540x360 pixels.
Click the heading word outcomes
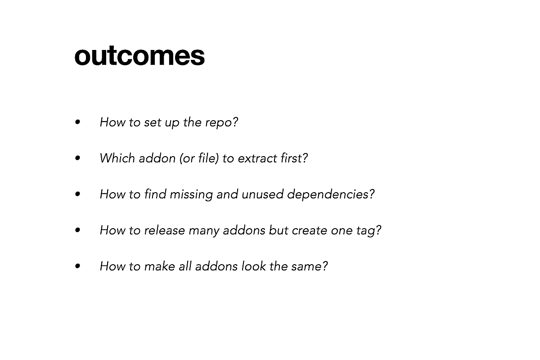[x=139, y=56]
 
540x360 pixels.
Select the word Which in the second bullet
[x=117, y=158]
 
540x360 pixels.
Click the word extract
[x=257, y=159]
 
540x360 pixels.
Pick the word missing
[x=191, y=195]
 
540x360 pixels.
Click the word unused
[x=262, y=194]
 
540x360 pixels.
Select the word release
[x=164, y=230]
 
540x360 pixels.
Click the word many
[x=204, y=231]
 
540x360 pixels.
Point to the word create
[x=310, y=231]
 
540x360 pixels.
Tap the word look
[x=254, y=266]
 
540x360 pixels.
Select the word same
[x=309, y=267]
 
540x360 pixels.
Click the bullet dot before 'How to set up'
[x=77, y=122]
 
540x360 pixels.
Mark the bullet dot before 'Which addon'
[x=77, y=158]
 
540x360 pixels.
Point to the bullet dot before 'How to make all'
[x=77, y=266]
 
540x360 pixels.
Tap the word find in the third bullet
[x=155, y=194]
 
